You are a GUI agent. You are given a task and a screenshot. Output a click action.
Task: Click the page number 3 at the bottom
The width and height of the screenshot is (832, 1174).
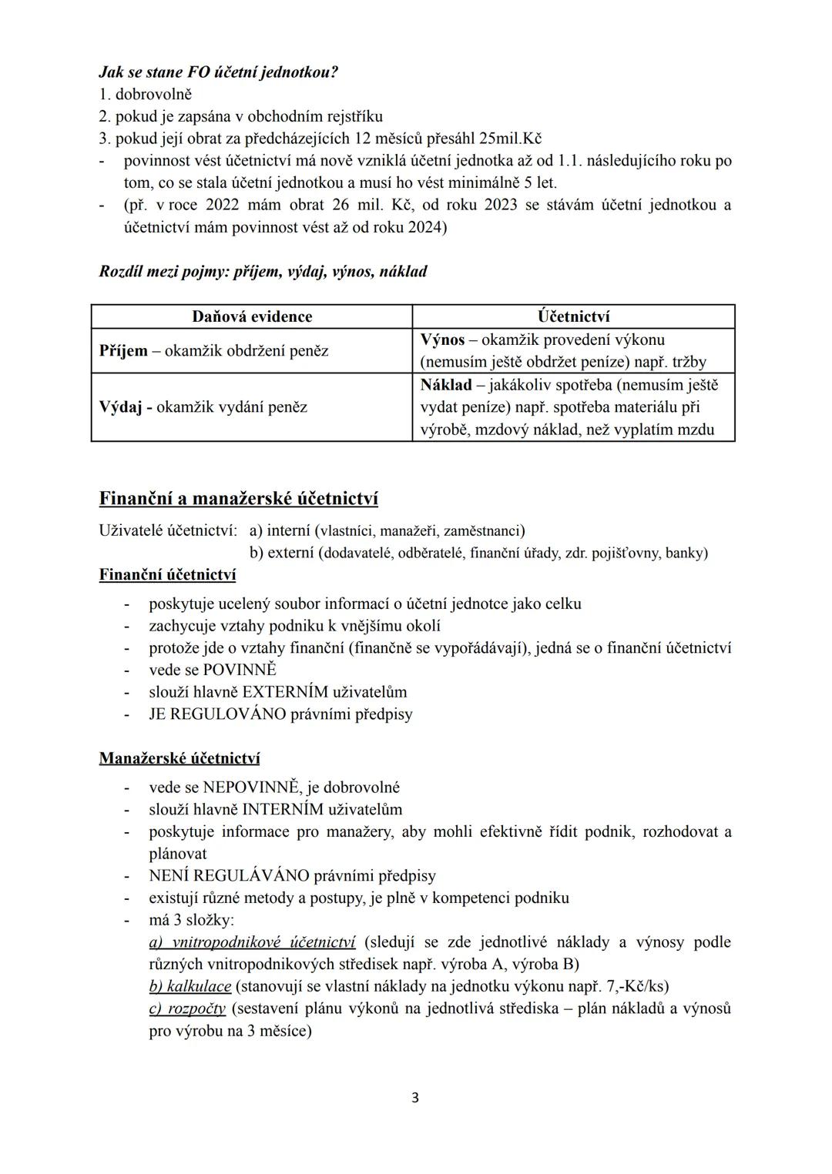[x=415, y=1098]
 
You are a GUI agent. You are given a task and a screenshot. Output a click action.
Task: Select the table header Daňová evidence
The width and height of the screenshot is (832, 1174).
[x=252, y=316]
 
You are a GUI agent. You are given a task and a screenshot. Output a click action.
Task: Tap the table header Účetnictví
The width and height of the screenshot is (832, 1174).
[x=574, y=316]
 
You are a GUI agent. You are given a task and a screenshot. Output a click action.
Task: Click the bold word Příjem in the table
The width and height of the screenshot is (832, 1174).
[x=123, y=351]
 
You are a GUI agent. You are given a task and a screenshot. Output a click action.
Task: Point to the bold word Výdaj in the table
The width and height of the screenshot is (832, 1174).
[x=120, y=406]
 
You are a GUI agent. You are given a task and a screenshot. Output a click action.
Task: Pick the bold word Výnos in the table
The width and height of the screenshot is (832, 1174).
[x=442, y=339]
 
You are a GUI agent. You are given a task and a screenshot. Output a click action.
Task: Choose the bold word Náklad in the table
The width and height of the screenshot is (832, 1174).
[x=445, y=384]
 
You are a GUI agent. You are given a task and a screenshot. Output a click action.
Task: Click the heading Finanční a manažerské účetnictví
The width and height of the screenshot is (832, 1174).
[x=238, y=499]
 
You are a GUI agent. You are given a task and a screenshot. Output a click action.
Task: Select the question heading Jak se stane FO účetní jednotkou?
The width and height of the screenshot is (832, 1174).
[x=218, y=72]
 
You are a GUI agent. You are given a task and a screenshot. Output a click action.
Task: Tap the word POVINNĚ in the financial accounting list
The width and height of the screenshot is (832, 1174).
[x=240, y=670]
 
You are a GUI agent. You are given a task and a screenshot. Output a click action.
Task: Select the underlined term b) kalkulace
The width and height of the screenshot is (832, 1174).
[x=190, y=986]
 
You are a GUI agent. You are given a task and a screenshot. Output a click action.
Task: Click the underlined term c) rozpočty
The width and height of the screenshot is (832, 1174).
[x=187, y=1008]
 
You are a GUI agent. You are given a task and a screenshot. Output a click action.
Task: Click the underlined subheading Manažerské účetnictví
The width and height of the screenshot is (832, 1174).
[x=179, y=758]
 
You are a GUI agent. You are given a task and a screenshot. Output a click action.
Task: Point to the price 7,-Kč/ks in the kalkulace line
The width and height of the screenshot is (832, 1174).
[x=633, y=986]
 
